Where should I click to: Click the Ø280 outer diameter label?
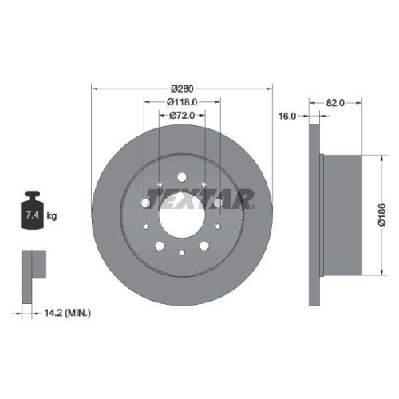tap(183, 88)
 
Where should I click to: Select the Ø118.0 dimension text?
tap(183, 101)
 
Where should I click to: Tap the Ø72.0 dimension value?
tap(183, 116)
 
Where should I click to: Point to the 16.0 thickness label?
tap(287, 116)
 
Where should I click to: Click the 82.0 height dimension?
tap(335, 102)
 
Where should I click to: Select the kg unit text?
tap(50, 216)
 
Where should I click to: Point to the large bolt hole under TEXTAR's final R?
tap(218, 203)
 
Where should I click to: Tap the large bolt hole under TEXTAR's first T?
tap(146, 203)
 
